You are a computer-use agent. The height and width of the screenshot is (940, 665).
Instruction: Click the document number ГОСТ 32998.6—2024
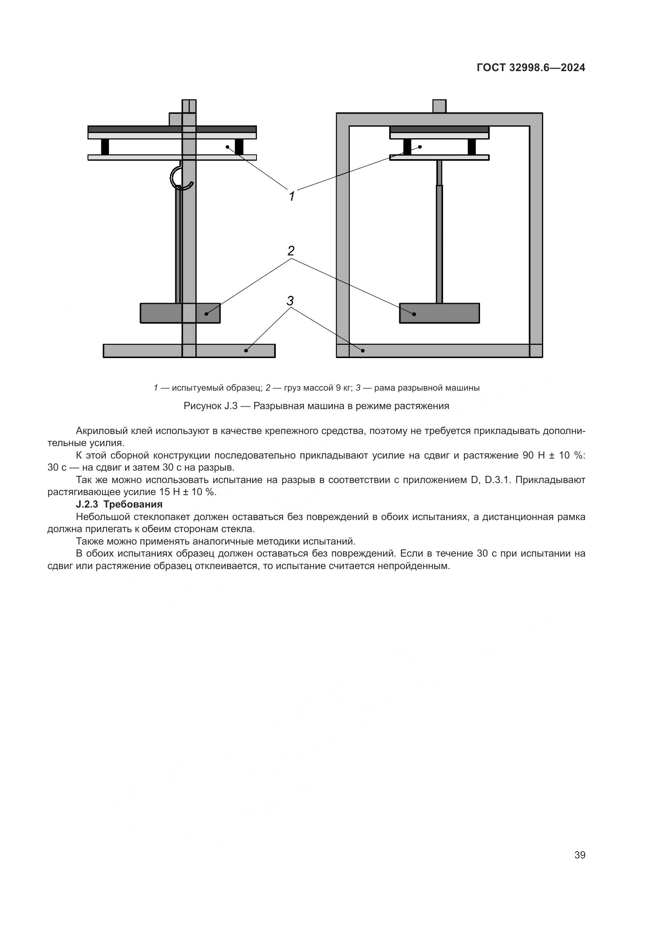(x=531, y=68)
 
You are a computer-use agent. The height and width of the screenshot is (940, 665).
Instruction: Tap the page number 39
(x=579, y=855)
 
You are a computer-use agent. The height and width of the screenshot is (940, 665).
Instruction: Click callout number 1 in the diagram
(x=291, y=197)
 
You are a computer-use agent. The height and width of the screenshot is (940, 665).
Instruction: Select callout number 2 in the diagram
(x=291, y=250)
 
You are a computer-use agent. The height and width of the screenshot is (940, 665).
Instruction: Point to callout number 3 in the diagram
(x=290, y=301)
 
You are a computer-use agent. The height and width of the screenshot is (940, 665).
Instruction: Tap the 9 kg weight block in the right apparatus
(x=439, y=313)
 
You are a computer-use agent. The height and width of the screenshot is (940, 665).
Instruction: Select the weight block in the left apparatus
(x=180, y=313)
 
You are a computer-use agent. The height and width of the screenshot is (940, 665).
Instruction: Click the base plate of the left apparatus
(x=189, y=351)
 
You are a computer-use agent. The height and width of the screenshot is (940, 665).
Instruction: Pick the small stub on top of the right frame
(x=439, y=106)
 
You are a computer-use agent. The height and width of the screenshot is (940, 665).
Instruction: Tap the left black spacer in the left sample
(x=105, y=147)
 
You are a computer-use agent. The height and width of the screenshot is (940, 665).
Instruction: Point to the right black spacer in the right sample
(x=472, y=147)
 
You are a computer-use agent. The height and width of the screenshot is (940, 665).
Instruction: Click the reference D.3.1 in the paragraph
(x=497, y=480)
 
